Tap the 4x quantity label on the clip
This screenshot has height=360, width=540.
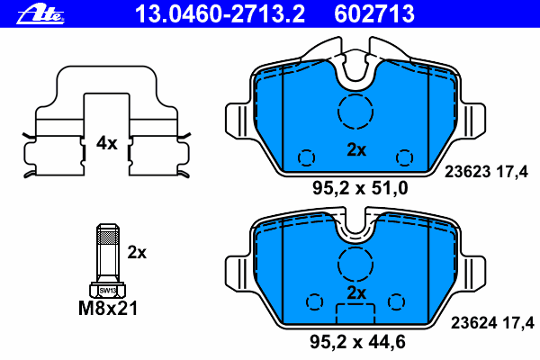(107, 142)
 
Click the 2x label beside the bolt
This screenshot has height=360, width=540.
(137, 252)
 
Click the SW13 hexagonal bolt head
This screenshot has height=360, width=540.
(108, 290)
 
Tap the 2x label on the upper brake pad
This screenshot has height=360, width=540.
(356, 150)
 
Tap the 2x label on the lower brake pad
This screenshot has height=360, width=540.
(356, 293)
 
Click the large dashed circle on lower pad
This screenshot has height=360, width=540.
(356, 263)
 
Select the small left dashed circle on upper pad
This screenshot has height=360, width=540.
(306, 157)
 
